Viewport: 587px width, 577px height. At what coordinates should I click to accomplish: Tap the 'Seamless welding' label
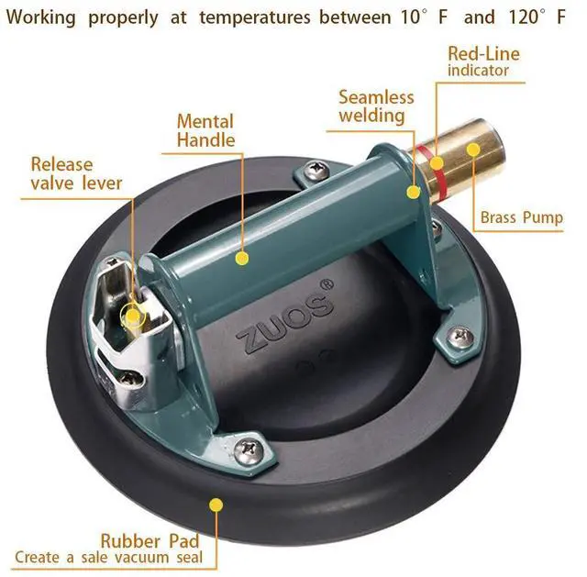click(376, 105)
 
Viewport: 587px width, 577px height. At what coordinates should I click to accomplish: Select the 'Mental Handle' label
click(205, 130)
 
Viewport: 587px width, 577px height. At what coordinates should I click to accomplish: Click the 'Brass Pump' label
click(521, 218)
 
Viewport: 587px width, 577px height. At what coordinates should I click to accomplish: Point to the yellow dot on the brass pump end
click(473, 150)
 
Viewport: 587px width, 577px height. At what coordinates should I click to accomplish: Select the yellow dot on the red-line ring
click(437, 164)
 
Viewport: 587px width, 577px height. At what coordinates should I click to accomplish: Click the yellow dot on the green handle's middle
click(241, 259)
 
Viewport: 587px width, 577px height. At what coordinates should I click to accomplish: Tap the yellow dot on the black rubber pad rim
click(216, 503)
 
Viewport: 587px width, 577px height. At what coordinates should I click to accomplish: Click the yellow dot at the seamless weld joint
click(415, 192)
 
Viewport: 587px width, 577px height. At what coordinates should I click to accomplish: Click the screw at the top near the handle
click(317, 168)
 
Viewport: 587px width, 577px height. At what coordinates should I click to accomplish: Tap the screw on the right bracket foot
click(464, 338)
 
